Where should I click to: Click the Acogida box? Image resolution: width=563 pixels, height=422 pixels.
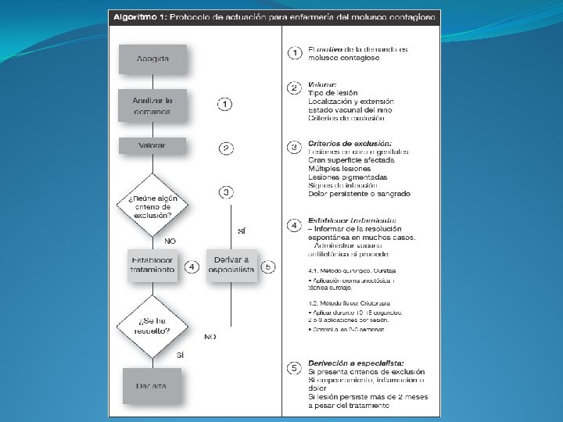(x=152, y=60)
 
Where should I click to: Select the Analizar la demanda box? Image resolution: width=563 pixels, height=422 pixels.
(x=152, y=106)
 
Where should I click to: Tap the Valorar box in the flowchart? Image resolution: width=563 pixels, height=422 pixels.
(x=152, y=145)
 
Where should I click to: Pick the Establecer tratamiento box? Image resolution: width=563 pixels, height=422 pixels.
(x=152, y=264)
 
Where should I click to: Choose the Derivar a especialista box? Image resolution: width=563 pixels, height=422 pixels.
(x=231, y=264)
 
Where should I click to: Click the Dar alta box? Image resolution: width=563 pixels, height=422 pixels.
(x=152, y=384)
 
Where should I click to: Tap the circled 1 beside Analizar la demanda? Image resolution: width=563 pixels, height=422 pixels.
(x=225, y=104)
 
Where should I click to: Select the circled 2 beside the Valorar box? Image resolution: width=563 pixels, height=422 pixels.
(x=225, y=148)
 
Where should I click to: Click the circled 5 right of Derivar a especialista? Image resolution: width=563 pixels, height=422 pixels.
(x=268, y=266)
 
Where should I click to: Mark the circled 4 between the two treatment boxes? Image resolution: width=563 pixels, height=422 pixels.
(x=192, y=266)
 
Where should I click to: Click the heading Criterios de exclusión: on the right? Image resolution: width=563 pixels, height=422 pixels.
(x=350, y=143)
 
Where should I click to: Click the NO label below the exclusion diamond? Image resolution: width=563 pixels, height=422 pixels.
(x=170, y=241)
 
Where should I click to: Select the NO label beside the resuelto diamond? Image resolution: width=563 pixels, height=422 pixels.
(x=210, y=337)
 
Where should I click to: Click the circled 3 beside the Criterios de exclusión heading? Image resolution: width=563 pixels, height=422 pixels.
(x=294, y=145)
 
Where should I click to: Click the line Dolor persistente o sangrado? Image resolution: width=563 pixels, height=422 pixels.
(x=359, y=194)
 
